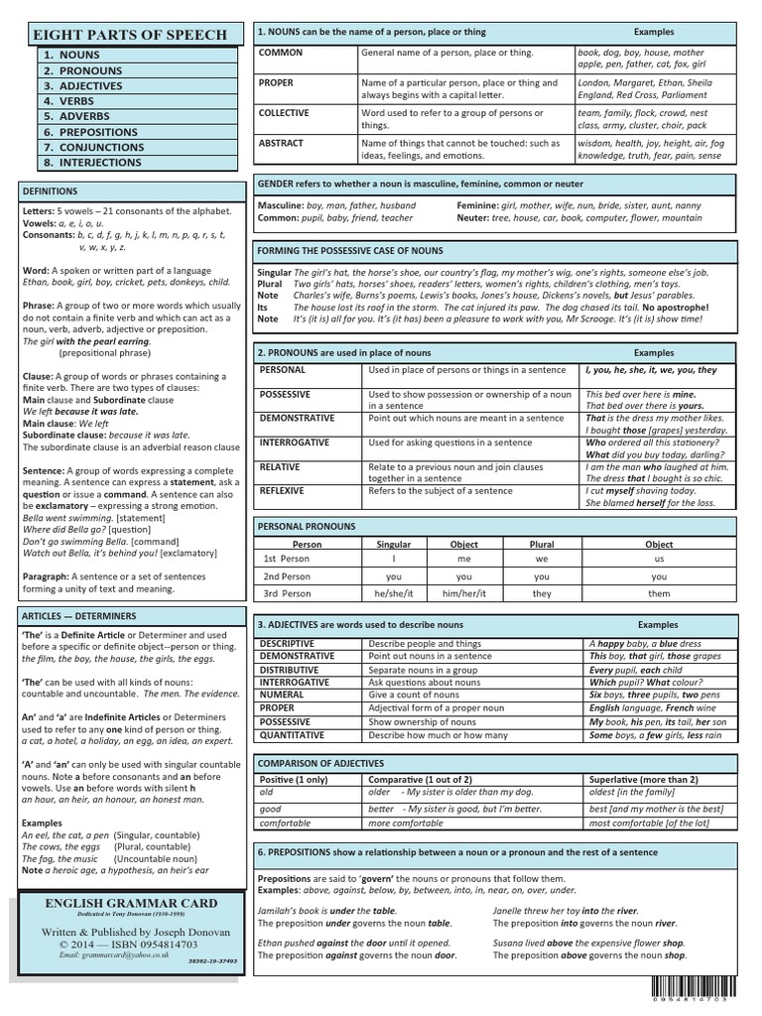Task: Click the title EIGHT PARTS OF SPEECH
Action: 131,34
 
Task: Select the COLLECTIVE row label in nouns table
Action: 284,113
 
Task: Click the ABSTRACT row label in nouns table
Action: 281,143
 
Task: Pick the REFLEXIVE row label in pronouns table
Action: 283,490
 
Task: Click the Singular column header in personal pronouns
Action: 394,545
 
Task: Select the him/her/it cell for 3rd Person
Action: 464,593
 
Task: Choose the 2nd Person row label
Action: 287,576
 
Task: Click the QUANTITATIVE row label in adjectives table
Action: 292,735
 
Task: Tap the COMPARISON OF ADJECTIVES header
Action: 320,763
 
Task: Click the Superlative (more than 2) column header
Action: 643,780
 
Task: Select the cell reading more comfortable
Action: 406,823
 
